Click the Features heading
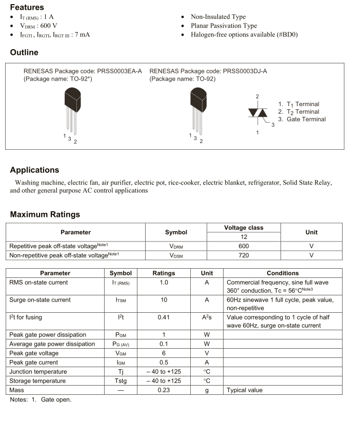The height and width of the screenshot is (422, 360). pos(27,7)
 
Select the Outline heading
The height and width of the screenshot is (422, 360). pos(24,52)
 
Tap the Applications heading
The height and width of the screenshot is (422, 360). pos(34,170)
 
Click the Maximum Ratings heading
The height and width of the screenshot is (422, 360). pos(45,214)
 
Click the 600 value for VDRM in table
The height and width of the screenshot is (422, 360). pos(244,246)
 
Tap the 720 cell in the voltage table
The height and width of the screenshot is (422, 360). pos(244,255)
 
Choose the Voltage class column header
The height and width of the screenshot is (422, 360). pos(244,228)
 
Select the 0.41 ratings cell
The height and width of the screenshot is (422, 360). pos(164,317)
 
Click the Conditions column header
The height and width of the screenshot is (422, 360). pos(283,273)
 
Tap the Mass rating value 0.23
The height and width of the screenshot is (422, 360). pos(164,390)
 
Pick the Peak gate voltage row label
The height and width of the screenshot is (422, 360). pos(34,353)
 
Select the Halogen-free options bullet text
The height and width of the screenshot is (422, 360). pos(244,34)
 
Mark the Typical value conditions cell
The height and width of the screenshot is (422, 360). pos(245,390)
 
